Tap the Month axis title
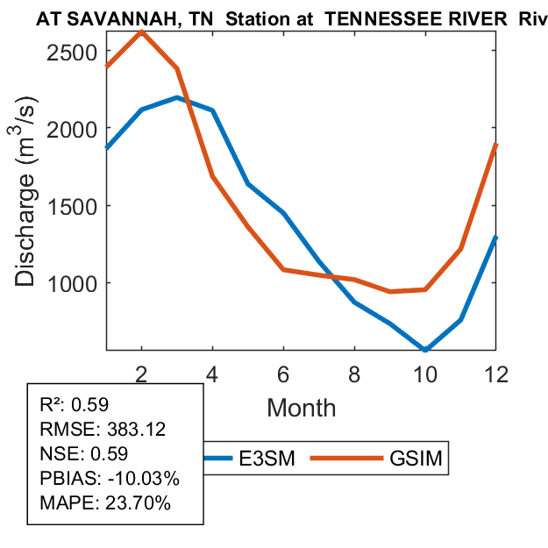pos(301,407)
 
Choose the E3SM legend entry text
pos(267,458)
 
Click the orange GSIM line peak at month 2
pos(141,32)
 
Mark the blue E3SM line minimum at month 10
pos(425,350)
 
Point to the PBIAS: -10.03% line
pos(110,479)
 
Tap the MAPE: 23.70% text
pos(105,503)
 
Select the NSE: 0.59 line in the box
pos(84,454)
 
